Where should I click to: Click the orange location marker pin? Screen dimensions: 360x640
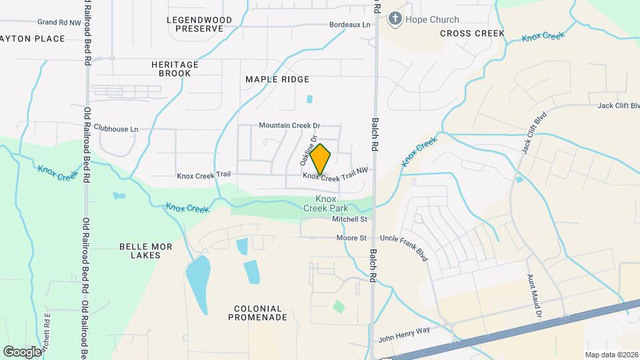coord(321,159)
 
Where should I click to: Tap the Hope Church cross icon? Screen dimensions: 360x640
coord(395,19)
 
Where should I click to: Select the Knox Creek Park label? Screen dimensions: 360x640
coord(325,203)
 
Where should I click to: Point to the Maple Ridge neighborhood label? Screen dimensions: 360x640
coord(277,79)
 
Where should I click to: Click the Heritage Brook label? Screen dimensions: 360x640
coord(175,69)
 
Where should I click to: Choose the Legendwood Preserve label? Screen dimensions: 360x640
coord(199,25)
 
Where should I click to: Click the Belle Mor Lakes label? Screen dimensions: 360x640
coord(145,251)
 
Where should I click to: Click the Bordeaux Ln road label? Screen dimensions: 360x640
coord(349,25)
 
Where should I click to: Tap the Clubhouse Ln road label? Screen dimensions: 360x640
coord(116,128)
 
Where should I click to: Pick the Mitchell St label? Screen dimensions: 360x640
coord(351,219)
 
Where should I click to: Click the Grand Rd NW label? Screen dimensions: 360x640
coord(59,23)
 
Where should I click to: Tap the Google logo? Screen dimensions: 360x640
coord(22,351)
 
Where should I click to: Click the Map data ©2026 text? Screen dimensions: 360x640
coord(611,355)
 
